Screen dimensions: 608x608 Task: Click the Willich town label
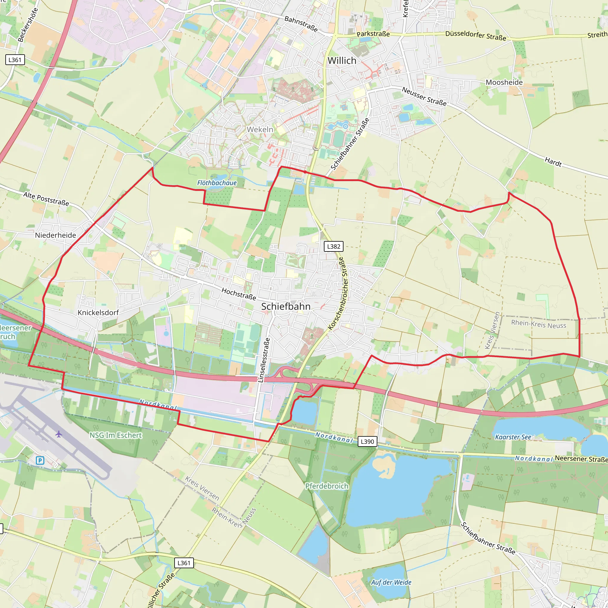point(342,61)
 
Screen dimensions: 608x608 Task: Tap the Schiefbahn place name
point(286,306)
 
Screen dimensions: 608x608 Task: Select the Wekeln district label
point(260,129)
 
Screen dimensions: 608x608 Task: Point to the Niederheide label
point(56,235)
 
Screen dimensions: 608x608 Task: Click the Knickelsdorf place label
point(98,313)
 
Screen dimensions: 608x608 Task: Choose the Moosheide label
point(504,83)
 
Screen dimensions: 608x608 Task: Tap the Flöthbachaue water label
point(217,183)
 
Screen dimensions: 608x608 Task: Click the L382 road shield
point(334,246)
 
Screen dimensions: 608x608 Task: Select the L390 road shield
point(367,441)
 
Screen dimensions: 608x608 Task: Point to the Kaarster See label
point(513,437)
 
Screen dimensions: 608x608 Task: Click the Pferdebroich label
point(327,486)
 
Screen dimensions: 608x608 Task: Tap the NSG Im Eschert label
point(115,435)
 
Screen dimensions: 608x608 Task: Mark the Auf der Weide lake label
point(391,582)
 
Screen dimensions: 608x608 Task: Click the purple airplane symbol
point(58,434)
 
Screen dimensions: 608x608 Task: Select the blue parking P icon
point(40,461)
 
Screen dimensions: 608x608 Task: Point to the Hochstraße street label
point(239,294)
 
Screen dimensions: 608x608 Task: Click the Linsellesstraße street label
point(264,360)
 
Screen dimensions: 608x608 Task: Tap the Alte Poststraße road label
point(46,199)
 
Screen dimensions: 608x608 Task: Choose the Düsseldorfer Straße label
point(476,36)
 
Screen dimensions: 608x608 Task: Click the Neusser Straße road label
point(424,96)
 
